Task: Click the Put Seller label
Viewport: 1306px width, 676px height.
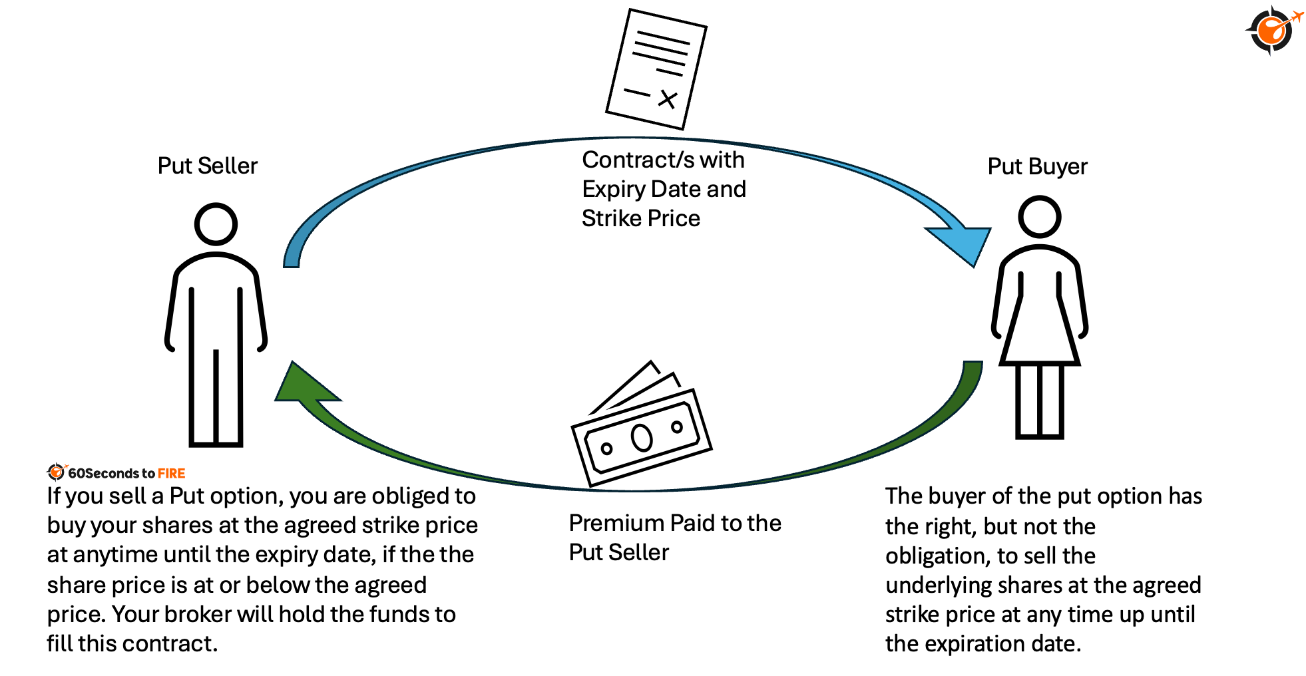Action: [x=207, y=166]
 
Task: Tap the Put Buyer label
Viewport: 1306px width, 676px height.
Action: [x=1036, y=166]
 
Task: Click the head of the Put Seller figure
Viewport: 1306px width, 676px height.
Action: [x=216, y=224]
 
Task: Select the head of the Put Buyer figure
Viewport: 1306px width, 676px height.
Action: [x=1039, y=217]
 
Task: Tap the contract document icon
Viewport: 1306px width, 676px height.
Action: [x=656, y=69]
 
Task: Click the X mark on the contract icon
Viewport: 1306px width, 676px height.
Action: [x=667, y=99]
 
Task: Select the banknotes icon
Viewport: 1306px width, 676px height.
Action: [x=641, y=426]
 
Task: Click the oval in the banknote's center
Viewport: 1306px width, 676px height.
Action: [x=642, y=438]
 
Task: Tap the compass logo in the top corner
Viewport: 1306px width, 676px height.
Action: [x=1272, y=30]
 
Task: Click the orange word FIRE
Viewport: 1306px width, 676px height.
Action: [x=172, y=473]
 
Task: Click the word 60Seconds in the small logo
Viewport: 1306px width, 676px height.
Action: [x=103, y=473]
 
